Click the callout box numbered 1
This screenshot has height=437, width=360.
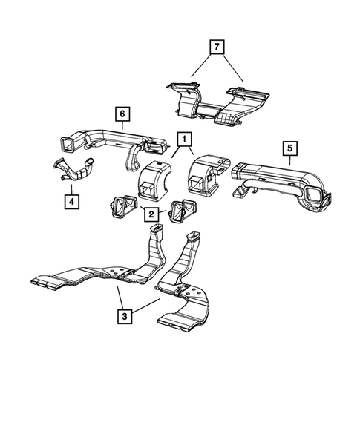tap(183, 138)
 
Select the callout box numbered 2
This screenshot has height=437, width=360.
tap(151, 214)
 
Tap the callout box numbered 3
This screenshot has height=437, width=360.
tap(124, 315)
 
